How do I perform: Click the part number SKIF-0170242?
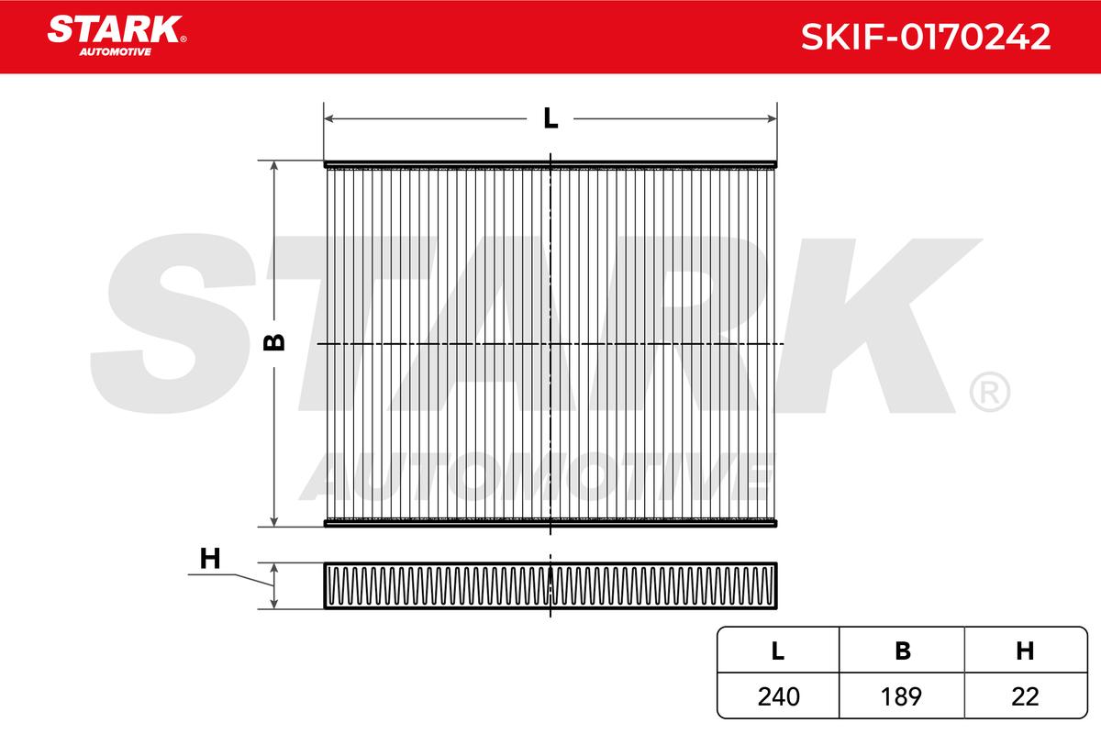coord(926,37)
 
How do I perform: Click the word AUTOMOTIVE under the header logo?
coord(116,52)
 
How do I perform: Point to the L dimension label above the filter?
coord(550,118)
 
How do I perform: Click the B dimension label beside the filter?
coord(273,342)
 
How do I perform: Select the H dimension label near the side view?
coord(210,559)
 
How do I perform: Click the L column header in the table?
coord(778,651)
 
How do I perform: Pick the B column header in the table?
coord(903,651)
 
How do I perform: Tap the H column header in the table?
coord(1025,651)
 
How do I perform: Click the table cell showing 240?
coord(779,696)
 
